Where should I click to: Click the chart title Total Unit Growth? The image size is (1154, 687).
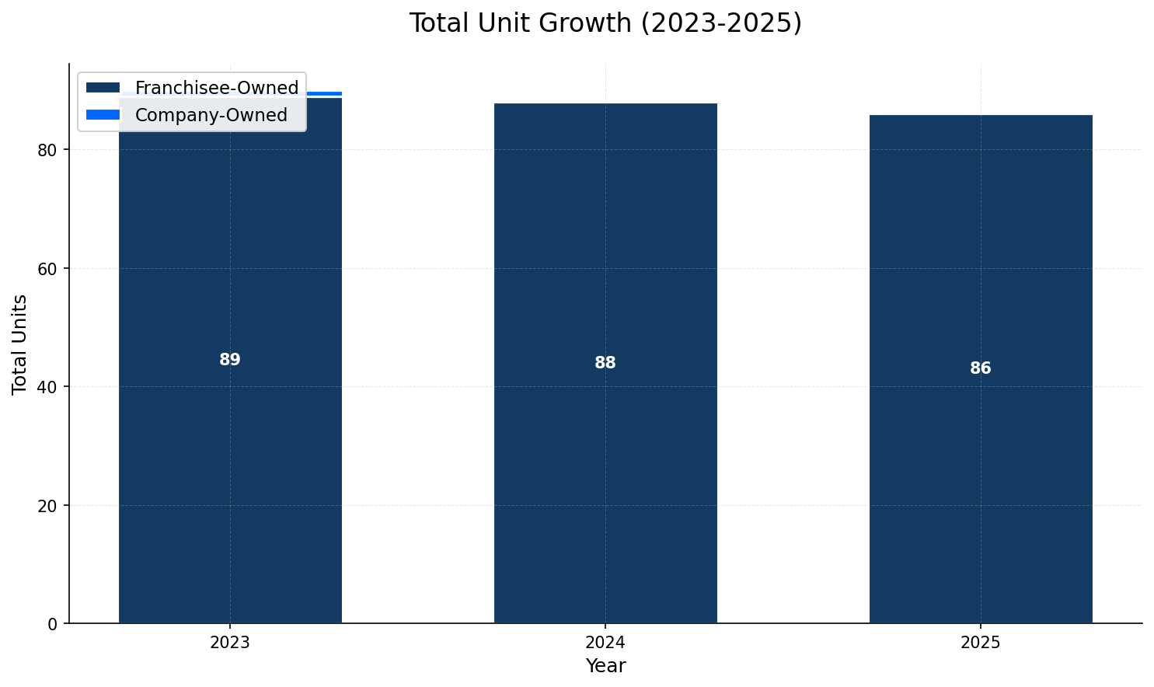click(x=605, y=23)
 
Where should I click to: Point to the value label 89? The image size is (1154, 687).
click(x=230, y=360)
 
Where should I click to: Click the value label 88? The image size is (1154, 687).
click(x=605, y=363)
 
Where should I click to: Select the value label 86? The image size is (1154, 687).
click(x=981, y=368)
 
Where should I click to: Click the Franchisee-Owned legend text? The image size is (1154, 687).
click(x=217, y=88)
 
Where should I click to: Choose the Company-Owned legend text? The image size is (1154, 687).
click(x=211, y=115)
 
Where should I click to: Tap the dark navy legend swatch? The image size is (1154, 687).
click(x=103, y=88)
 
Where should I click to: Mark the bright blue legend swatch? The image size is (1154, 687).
click(x=103, y=115)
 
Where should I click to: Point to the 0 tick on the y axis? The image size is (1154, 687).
click(x=53, y=624)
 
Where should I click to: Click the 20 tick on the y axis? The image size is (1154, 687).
click(x=48, y=505)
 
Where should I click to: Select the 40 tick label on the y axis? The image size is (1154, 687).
click(x=48, y=387)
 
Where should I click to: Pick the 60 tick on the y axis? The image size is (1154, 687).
click(x=48, y=269)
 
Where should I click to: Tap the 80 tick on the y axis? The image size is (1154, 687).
click(x=48, y=150)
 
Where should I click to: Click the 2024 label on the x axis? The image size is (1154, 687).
click(x=605, y=643)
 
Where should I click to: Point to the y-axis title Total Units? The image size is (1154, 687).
click(x=20, y=343)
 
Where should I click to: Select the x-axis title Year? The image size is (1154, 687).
click(x=605, y=666)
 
